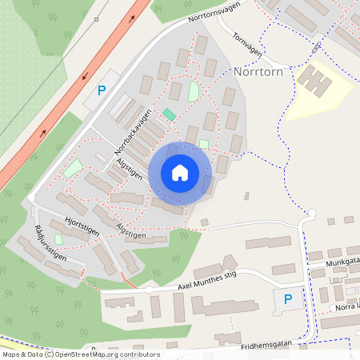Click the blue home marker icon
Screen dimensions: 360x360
point(180,173)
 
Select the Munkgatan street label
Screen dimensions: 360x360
point(343,262)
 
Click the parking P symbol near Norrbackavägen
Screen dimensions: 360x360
point(101,90)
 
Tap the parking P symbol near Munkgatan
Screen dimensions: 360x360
point(288,299)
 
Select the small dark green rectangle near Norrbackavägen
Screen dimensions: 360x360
point(169,115)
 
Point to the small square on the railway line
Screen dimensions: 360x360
point(96,19)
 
